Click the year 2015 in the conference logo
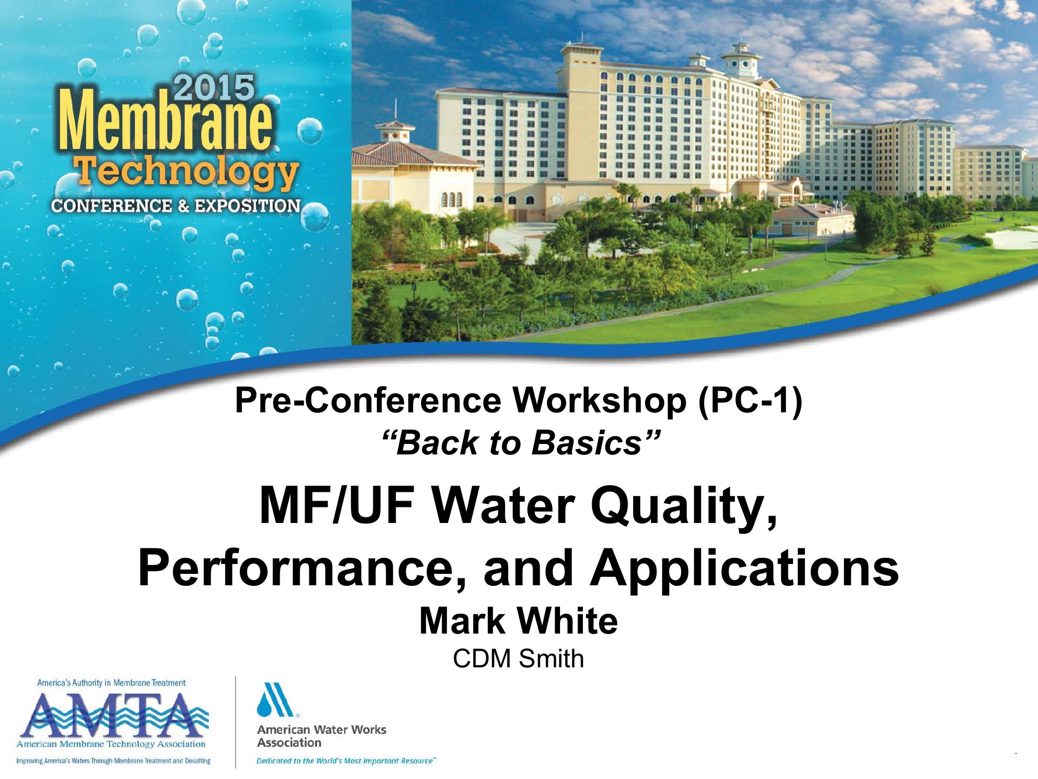click(x=213, y=88)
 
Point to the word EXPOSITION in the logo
click(x=248, y=206)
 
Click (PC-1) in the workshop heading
click(x=750, y=401)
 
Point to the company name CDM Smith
click(x=518, y=659)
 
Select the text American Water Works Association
click(x=322, y=736)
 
